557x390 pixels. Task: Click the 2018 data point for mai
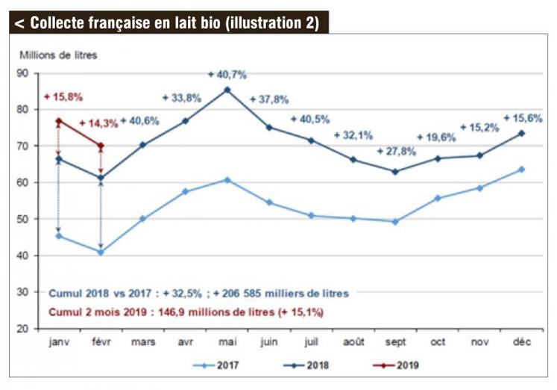[227, 90]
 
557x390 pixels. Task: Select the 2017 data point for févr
[101, 252]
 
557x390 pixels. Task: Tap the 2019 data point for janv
[59, 120]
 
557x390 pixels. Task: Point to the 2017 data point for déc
[521, 170]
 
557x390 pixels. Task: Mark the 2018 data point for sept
[394, 171]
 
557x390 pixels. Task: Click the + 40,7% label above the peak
[227, 75]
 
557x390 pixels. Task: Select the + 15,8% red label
[63, 97]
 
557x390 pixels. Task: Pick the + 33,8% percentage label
[183, 97]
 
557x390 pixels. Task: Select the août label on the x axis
[353, 341]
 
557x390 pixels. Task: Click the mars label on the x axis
[142, 341]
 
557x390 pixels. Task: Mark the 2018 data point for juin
[269, 127]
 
